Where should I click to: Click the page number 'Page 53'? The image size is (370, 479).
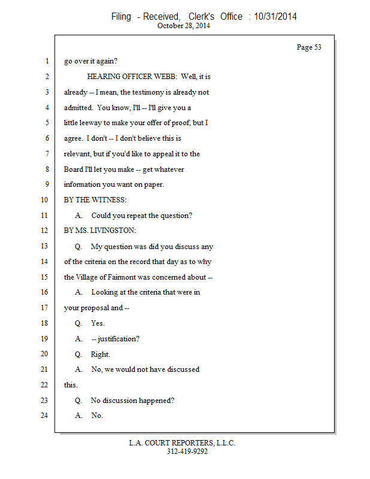[309, 47]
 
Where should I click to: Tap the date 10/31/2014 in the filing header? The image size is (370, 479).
[275, 17]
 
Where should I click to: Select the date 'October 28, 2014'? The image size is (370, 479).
[184, 26]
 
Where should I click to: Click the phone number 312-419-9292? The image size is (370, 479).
[187, 451]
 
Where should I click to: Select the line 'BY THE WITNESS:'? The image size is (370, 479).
[95, 200]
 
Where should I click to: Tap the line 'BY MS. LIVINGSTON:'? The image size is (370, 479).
[100, 231]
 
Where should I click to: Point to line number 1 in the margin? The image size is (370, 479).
[46, 62]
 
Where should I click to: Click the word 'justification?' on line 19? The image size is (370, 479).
[119, 338]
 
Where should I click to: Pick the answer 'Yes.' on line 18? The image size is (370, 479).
[98, 323]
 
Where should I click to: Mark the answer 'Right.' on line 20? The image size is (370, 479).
[101, 354]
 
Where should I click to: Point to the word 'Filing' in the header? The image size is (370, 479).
[121, 17]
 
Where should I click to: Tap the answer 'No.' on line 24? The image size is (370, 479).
[97, 416]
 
